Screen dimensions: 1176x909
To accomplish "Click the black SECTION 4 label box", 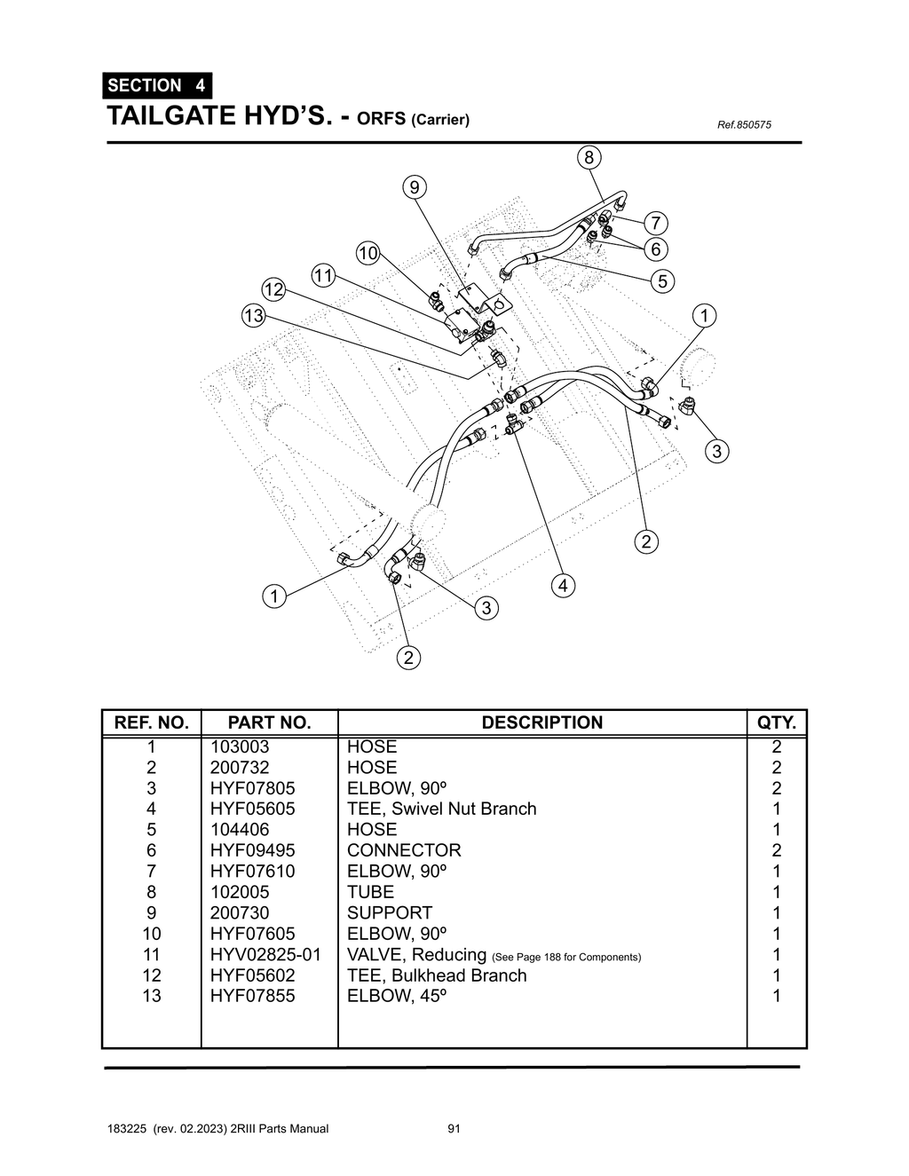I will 157,85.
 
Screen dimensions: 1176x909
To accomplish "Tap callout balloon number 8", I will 589,158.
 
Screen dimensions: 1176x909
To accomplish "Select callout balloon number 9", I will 414,187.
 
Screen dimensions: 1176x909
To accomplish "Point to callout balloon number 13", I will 254,315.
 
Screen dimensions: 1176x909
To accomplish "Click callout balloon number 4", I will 562,585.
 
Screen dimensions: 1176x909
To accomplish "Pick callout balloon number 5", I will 662,281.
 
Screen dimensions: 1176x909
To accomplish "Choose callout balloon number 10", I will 368,253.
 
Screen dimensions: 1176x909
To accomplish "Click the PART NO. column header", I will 269,722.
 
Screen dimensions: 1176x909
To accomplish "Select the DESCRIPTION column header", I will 541,722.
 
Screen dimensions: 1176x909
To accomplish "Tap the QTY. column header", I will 776,722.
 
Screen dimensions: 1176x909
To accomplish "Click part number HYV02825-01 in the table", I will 265,954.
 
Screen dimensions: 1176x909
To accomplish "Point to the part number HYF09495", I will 252,850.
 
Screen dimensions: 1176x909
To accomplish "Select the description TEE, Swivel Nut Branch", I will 441,809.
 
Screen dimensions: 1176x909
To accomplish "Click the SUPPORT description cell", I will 390,912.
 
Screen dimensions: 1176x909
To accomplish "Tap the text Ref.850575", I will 744,124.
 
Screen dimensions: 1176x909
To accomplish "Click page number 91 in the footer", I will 454,1129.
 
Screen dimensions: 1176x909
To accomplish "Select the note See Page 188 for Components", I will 566,957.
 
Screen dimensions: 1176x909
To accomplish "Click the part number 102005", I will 239,892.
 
